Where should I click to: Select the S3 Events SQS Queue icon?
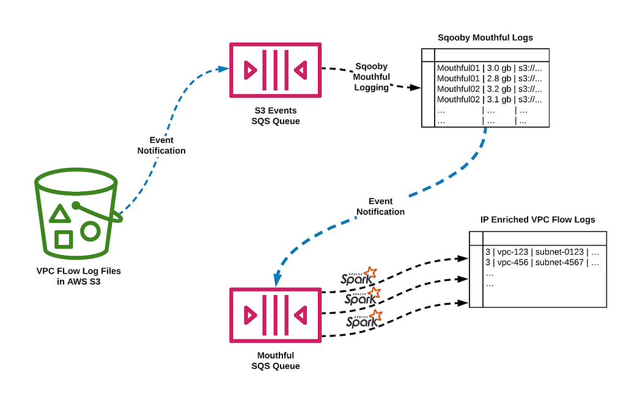pos(276,70)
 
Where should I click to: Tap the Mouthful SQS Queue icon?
pos(276,315)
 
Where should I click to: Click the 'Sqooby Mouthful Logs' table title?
pos(485,37)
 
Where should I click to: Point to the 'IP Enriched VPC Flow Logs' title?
pos(537,220)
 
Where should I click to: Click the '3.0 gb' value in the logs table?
pos(499,68)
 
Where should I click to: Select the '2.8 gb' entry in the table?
pos(499,79)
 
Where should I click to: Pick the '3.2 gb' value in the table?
pos(499,89)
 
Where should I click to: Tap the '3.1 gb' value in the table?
pos(499,100)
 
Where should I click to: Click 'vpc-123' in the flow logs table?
pos(513,252)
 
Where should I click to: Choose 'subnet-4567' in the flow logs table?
pos(559,263)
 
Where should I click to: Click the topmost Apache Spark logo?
pos(358,276)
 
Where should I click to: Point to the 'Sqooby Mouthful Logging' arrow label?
pos(371,77)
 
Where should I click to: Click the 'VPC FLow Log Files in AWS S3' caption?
pos(79,276)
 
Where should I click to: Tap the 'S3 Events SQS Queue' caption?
pos(276,115)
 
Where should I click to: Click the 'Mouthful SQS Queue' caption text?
pos(276,360)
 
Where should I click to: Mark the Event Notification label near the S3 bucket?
pos(161,145)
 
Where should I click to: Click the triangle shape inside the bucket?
pos(60,214)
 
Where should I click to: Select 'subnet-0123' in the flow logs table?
pos(559,252)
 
